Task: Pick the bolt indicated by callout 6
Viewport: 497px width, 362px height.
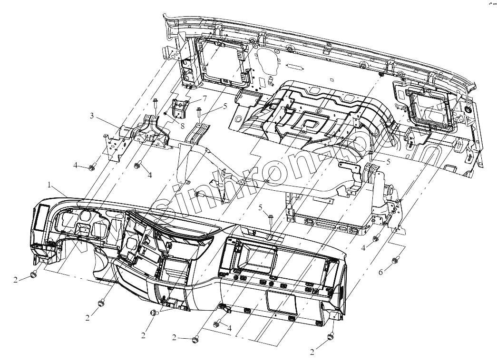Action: (395, 260)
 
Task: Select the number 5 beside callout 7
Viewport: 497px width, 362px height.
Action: (225, 106)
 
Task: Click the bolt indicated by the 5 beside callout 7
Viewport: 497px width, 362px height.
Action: (199, 113)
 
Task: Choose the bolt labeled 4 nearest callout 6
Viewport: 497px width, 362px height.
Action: (376, 237)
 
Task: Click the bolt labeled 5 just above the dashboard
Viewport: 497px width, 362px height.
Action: (270, 219)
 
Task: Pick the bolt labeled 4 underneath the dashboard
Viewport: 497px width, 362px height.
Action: (216, 323)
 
